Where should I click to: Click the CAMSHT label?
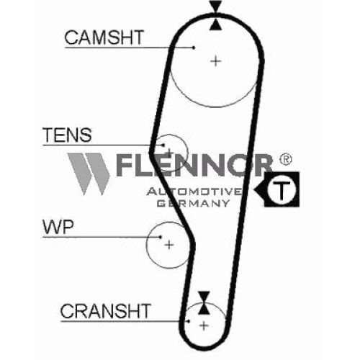[x=104, y=37]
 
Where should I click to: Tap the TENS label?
[x=67, y=135]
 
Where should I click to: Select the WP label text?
[x=58, y=227]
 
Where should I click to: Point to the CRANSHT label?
[x=106, y=311]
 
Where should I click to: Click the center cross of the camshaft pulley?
[x=216, y=61]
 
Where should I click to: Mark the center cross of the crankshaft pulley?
[x=204, y=326]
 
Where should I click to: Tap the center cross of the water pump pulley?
[x=169, y=245]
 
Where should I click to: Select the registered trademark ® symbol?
[x=285, y=160]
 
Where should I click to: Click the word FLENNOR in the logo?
[x=194, y=165]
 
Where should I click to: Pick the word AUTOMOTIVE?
[x=194, y=192]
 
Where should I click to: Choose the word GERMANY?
[x=194, y=203]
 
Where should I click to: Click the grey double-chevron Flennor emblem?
[x=89, y=174]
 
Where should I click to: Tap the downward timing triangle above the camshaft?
[x=215, y=6]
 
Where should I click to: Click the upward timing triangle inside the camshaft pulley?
[x=215, y=24]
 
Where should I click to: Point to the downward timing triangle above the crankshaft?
[x=204, y=297]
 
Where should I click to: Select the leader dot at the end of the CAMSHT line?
[x=194, y=48]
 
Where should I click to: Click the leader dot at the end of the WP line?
[x=161, y=237]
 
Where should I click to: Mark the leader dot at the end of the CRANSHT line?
[x=189, y=321]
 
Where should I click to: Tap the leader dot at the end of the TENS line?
[x=163, y=145]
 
